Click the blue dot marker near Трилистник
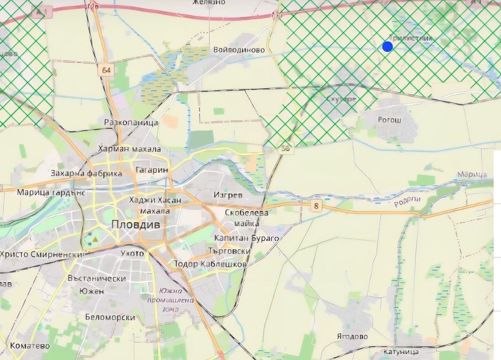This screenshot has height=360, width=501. pos(388,47)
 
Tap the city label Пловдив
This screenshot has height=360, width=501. pos(136,225)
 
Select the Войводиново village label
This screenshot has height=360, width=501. pos(239,50)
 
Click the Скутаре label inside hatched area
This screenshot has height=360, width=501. pos(341,99)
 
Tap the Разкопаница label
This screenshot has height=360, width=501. pos(131,123)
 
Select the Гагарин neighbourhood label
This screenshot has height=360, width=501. pos(152,170)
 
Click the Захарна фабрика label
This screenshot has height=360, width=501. pos(87,174)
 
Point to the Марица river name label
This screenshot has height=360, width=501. pos(472,175)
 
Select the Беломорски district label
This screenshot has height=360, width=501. pos(110,318)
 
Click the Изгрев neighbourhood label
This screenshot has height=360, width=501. pos(228,195)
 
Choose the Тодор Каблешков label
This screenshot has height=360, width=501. pos(210,264)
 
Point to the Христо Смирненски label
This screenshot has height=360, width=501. pos(42,254)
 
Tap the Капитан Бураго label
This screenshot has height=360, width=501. pos(246,238)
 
